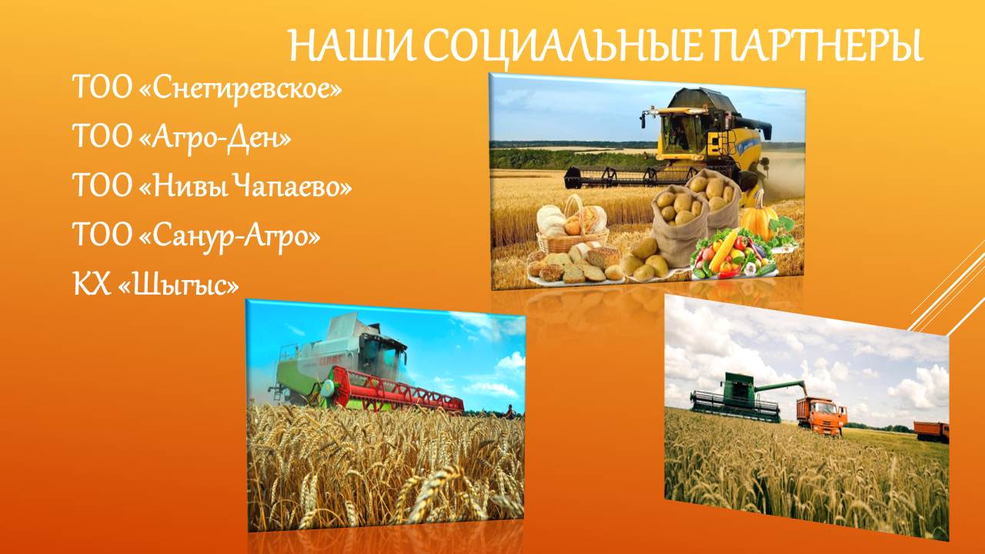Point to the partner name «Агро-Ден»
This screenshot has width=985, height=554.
pos(215,137)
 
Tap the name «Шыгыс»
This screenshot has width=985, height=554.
pos(179,285)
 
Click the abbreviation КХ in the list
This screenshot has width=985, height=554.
pos(92,284)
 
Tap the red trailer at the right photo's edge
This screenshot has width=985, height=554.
pos(931,432)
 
